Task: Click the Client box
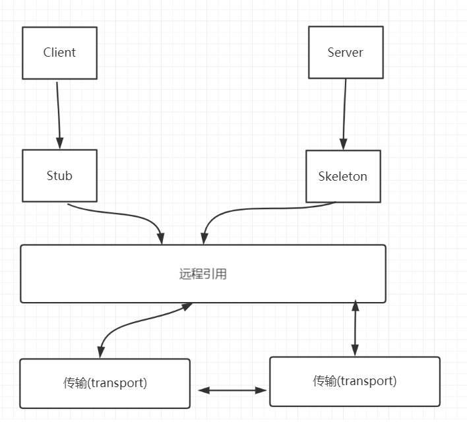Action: pos(59,53)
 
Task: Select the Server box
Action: pos(346,53)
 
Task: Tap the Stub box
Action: pos(59,175)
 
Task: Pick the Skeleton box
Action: pos(343,176)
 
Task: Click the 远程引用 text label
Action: pos(203,274)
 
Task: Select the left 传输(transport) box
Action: pos(105,383)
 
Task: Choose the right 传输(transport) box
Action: pos(355,381)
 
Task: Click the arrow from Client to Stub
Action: pos(59,112)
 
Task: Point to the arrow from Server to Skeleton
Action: pos(344,112)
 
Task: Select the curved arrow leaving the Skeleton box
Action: pos(264,209)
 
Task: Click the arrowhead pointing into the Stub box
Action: pos(60,143)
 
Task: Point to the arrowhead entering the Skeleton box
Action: pos(342,144)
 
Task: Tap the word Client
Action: pos(59,53)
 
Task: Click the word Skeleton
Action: pos(343,176)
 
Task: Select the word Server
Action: pos(346,53)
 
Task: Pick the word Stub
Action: pos(59,175)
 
